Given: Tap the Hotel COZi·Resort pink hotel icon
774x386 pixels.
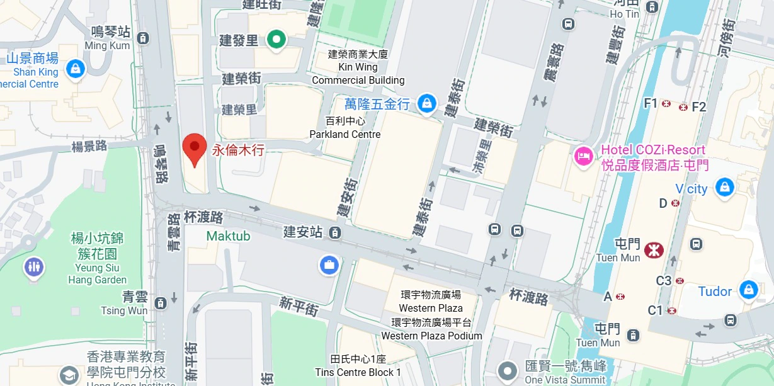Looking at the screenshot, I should click(x=583, y=157).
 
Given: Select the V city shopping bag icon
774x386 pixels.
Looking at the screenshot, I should click(x=725, y=187).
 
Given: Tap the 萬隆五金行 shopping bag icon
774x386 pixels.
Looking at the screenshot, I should click(x=427, y=103).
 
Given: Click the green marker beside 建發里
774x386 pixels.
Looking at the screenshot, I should click(x=276, y=40).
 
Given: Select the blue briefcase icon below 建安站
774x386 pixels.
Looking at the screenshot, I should click(x=328, y=264).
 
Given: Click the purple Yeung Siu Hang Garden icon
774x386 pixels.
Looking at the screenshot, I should click(x=33, y=267).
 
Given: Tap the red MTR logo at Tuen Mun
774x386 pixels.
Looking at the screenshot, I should click(x=654, y=250).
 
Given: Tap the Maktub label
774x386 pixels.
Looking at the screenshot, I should click(x=228, y=236).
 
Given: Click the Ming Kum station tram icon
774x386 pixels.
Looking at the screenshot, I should click(x=143, y=38).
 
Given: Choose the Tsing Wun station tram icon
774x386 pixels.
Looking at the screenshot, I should click(x=161, y=303).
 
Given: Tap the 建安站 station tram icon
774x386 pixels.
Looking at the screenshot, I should click(x=335, y=233).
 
